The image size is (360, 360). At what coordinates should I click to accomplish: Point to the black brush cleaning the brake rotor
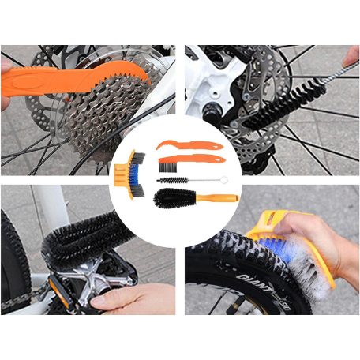coord(276,111)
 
